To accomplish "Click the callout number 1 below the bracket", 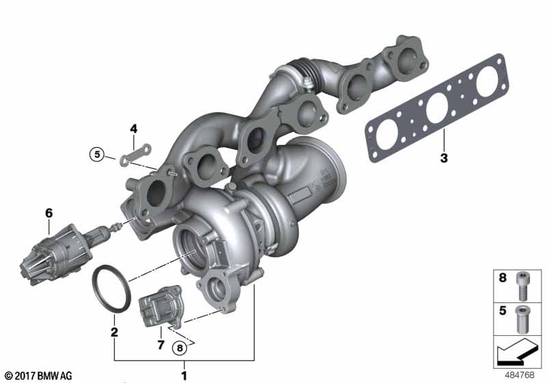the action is (184, 375).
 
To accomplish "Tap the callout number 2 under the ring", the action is (114, 332).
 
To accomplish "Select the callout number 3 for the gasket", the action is (444, 158).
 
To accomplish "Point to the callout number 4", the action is (133, 129).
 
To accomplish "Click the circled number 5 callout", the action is (97, 154).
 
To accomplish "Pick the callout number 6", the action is (49, 213).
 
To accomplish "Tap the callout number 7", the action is (161, 345).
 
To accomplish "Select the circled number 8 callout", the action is (180, 347).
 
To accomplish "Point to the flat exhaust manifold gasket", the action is (437, 108).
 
